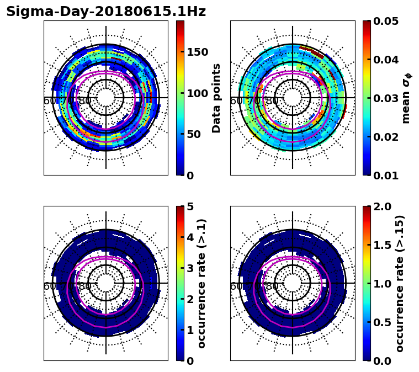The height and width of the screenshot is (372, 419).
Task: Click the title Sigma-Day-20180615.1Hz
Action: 106,12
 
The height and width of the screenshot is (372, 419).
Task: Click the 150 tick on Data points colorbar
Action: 198,52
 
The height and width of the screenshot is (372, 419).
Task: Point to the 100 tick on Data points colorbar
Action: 198,93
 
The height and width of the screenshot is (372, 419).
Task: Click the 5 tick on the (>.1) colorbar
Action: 190,206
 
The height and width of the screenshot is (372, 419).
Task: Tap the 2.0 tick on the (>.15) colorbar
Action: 381,206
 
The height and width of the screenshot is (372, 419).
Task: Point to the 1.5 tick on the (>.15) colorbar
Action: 381,245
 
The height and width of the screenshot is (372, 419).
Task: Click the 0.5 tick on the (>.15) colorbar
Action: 381,322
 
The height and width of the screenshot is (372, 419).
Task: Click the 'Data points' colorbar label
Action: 216,98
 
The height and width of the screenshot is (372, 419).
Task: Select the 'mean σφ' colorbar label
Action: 406,98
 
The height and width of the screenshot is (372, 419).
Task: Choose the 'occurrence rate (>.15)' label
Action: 400,284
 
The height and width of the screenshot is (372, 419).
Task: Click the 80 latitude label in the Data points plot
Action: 85,101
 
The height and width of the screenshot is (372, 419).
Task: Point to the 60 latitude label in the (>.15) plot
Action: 236,286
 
